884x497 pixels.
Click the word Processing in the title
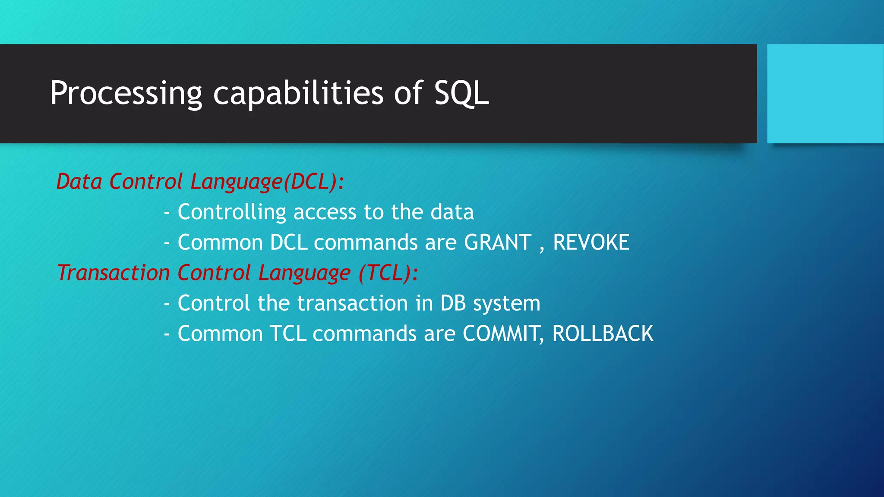[x=126, y=93]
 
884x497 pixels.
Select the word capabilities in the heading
[x=298, y=93]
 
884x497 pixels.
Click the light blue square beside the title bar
[x=825, y=94]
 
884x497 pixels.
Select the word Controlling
[x=232, y=212]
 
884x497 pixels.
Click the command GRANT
[x=497, y=242]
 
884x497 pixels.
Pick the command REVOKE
[x=591, y=242]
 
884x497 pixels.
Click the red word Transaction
[x=113, y=273]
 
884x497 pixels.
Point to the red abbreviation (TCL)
[x=385, y=273]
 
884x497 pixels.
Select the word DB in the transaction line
[x=453, y=303]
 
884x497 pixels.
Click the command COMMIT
[x=501, y=334]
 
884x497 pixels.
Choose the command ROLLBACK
[x=603, y=334]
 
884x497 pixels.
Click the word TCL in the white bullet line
[x=288, y=334]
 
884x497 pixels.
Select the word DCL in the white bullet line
[x=288, y=242]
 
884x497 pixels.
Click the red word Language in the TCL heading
[x=304, y=273]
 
